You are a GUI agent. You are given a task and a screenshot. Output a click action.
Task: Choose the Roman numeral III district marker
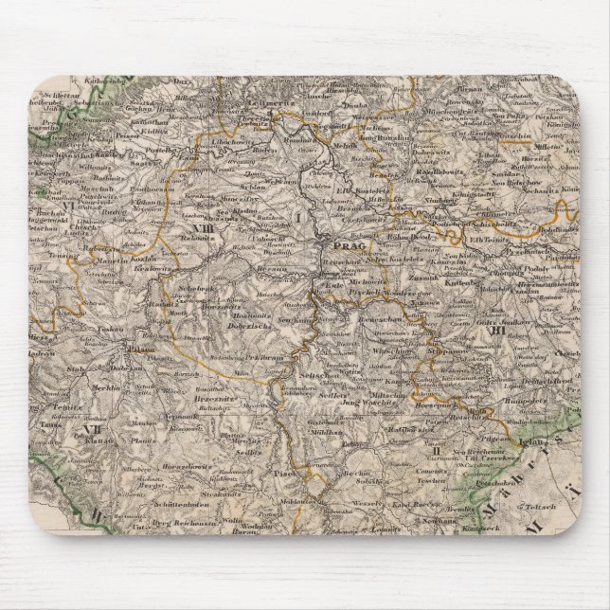492,331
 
